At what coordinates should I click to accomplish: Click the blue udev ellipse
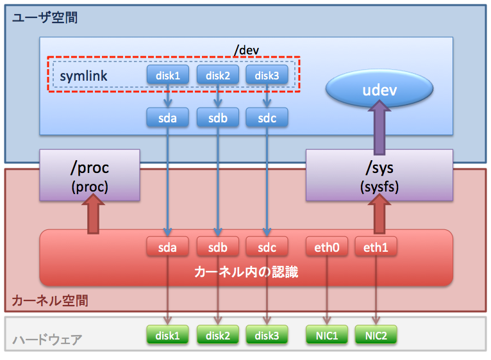click(379, 88)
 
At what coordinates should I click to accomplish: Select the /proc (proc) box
click(90, 175)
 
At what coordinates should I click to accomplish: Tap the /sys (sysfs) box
click(379, 175)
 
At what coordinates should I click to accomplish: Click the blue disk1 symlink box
click(168, 74)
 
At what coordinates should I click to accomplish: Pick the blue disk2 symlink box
click(218, 74)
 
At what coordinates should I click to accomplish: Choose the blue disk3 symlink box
click(267, 74)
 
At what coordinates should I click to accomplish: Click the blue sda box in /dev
click(167, 117)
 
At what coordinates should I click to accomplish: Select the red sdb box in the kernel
click(218, 247)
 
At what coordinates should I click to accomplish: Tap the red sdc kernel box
click(267, 247)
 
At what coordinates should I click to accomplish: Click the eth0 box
click(327, 247)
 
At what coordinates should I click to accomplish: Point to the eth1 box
click(376, 247)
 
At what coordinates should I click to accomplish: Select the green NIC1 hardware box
click(327, 334)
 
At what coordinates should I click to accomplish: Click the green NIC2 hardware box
click(376, 334)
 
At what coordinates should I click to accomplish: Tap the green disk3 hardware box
click(267, 334)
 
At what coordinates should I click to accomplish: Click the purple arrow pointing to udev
click(379, 127)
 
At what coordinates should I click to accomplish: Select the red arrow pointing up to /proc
click(93, 213)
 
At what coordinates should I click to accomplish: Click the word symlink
click(83, 76)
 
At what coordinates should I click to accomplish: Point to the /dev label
click(246, 50)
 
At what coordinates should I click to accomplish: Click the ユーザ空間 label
click(45, 17)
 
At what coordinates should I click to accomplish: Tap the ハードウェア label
click(47, 340)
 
